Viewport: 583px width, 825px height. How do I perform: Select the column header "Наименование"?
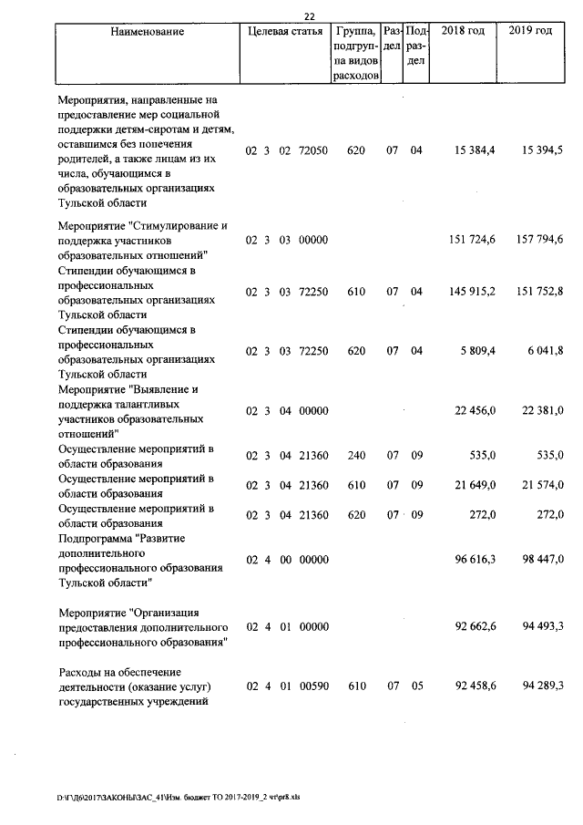pos(147,31)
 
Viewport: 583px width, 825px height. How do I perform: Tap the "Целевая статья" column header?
pos(284,31)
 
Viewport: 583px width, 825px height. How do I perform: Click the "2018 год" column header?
pos(463,31)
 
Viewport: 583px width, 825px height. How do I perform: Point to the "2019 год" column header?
pos(530,31)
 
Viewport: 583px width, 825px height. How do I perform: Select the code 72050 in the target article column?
pos(313,150)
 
